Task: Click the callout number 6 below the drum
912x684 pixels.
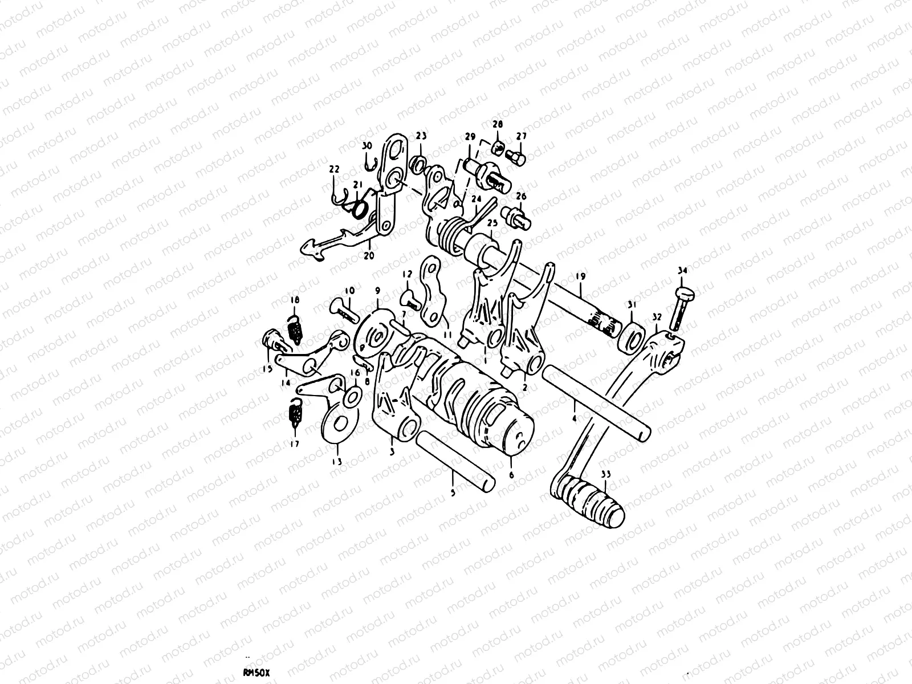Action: [x=511, y=473]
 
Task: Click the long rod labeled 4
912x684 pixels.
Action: [x=596, y=401]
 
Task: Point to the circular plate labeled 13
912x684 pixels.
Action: [x=340, y=425]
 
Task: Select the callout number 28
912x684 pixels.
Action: [x=498, y=124]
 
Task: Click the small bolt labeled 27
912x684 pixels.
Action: [x=518, y=157]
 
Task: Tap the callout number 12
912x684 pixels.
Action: [x=406, y=274]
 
